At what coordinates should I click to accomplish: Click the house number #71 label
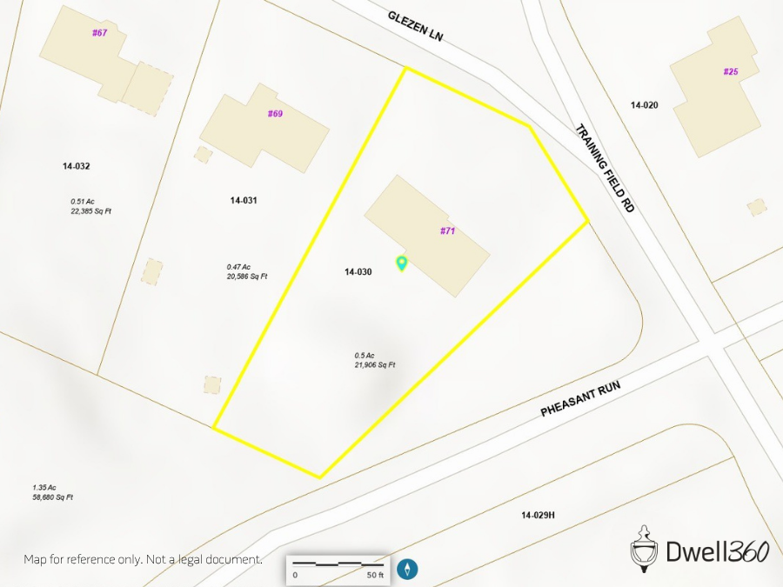pos(448,230)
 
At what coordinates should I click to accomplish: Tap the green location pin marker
pos(402,263)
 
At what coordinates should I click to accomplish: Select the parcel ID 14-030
pos(358,272)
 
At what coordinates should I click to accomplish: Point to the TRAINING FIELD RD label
pos(605,169)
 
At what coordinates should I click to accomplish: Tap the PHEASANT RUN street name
pos(578,396)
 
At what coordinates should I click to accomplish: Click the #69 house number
pos(275,114)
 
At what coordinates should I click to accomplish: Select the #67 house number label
pos(99,33)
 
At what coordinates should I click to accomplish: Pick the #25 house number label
pos(731,71)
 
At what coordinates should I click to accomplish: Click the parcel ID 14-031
pos(244,200)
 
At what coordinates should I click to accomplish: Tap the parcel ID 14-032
pos(77,166)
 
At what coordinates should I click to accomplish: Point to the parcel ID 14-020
pos(645,104)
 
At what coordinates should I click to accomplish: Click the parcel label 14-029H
pos(538,516)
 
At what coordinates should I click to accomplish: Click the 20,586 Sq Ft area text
pos(246,277)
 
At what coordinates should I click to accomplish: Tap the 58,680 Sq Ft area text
pos(52,497)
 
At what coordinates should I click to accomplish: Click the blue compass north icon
pos(408,569)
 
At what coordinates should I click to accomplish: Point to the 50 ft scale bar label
pos(375,575)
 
